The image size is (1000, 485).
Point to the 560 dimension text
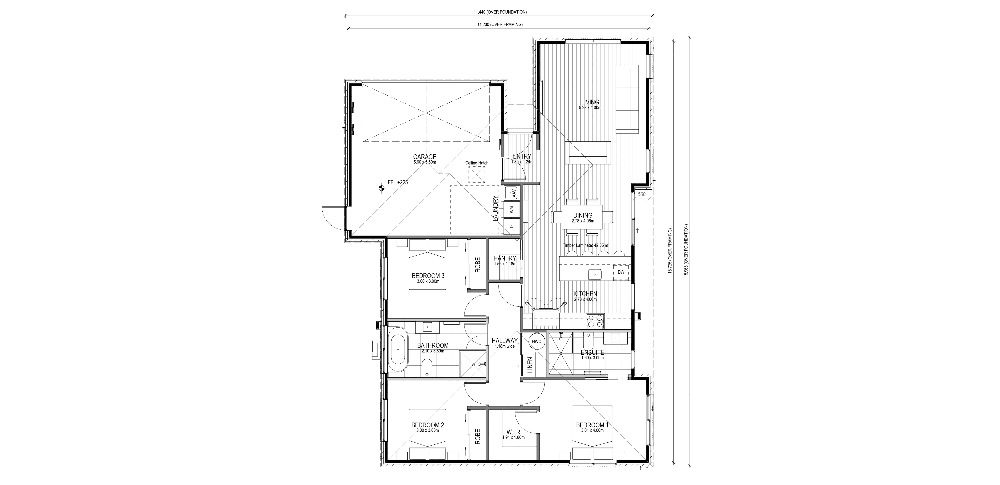pos(641,194)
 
